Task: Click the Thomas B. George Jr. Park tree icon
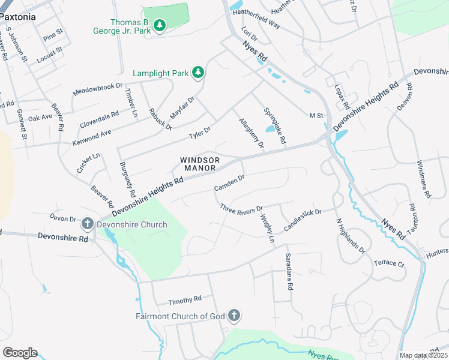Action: tap(159, 25)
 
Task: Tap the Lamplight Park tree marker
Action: tap(198, 73)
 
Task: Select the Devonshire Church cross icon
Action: tap(87, 225)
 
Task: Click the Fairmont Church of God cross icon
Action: tap(234, 316)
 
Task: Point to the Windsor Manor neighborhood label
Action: tap(200, 164)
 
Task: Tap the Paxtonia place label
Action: tap(18, 17)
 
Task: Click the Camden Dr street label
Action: tap(229, 183)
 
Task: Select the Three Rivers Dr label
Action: tap(241, 209)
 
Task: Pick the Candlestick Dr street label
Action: tap(303, 220)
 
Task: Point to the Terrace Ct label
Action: tap(389, 263)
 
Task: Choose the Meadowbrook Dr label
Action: tap(97, 89)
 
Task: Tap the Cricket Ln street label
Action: tap(88, 163)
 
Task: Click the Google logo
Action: tap(20, 353)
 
